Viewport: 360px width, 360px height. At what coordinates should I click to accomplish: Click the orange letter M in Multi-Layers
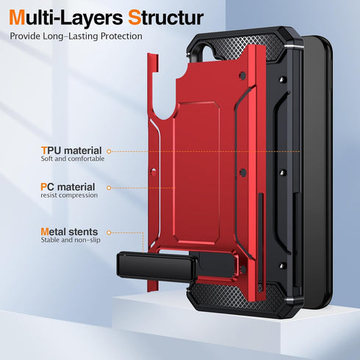point(18,18)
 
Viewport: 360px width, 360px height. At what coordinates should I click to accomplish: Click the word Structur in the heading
point(166,18)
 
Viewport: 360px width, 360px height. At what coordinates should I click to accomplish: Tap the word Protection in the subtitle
point(121,36)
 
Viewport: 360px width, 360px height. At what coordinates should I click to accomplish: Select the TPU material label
point(71,151)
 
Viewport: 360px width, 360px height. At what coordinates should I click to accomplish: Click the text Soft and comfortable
point(73,159)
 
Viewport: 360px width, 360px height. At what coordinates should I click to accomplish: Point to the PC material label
point(68,187)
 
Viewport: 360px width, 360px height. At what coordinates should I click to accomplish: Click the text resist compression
point(69,195)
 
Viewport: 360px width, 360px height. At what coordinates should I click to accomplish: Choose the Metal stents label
point(69,231)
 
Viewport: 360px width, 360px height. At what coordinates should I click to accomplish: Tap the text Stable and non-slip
point(71,240)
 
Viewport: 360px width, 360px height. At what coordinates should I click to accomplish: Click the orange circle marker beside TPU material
point(109,151)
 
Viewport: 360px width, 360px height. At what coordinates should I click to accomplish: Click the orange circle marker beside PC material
point(109,188)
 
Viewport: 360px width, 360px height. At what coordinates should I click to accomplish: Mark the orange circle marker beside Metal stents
point(109,232)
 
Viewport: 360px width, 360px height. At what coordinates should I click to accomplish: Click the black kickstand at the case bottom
point(156,267)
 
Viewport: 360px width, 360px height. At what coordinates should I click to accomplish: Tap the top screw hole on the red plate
point(242,76)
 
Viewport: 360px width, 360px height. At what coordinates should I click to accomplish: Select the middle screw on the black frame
point(283,173)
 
